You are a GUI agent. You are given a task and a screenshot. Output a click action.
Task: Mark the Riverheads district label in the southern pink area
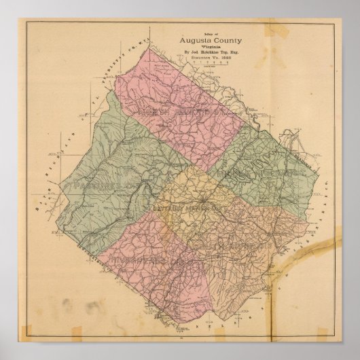click(133, 257)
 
